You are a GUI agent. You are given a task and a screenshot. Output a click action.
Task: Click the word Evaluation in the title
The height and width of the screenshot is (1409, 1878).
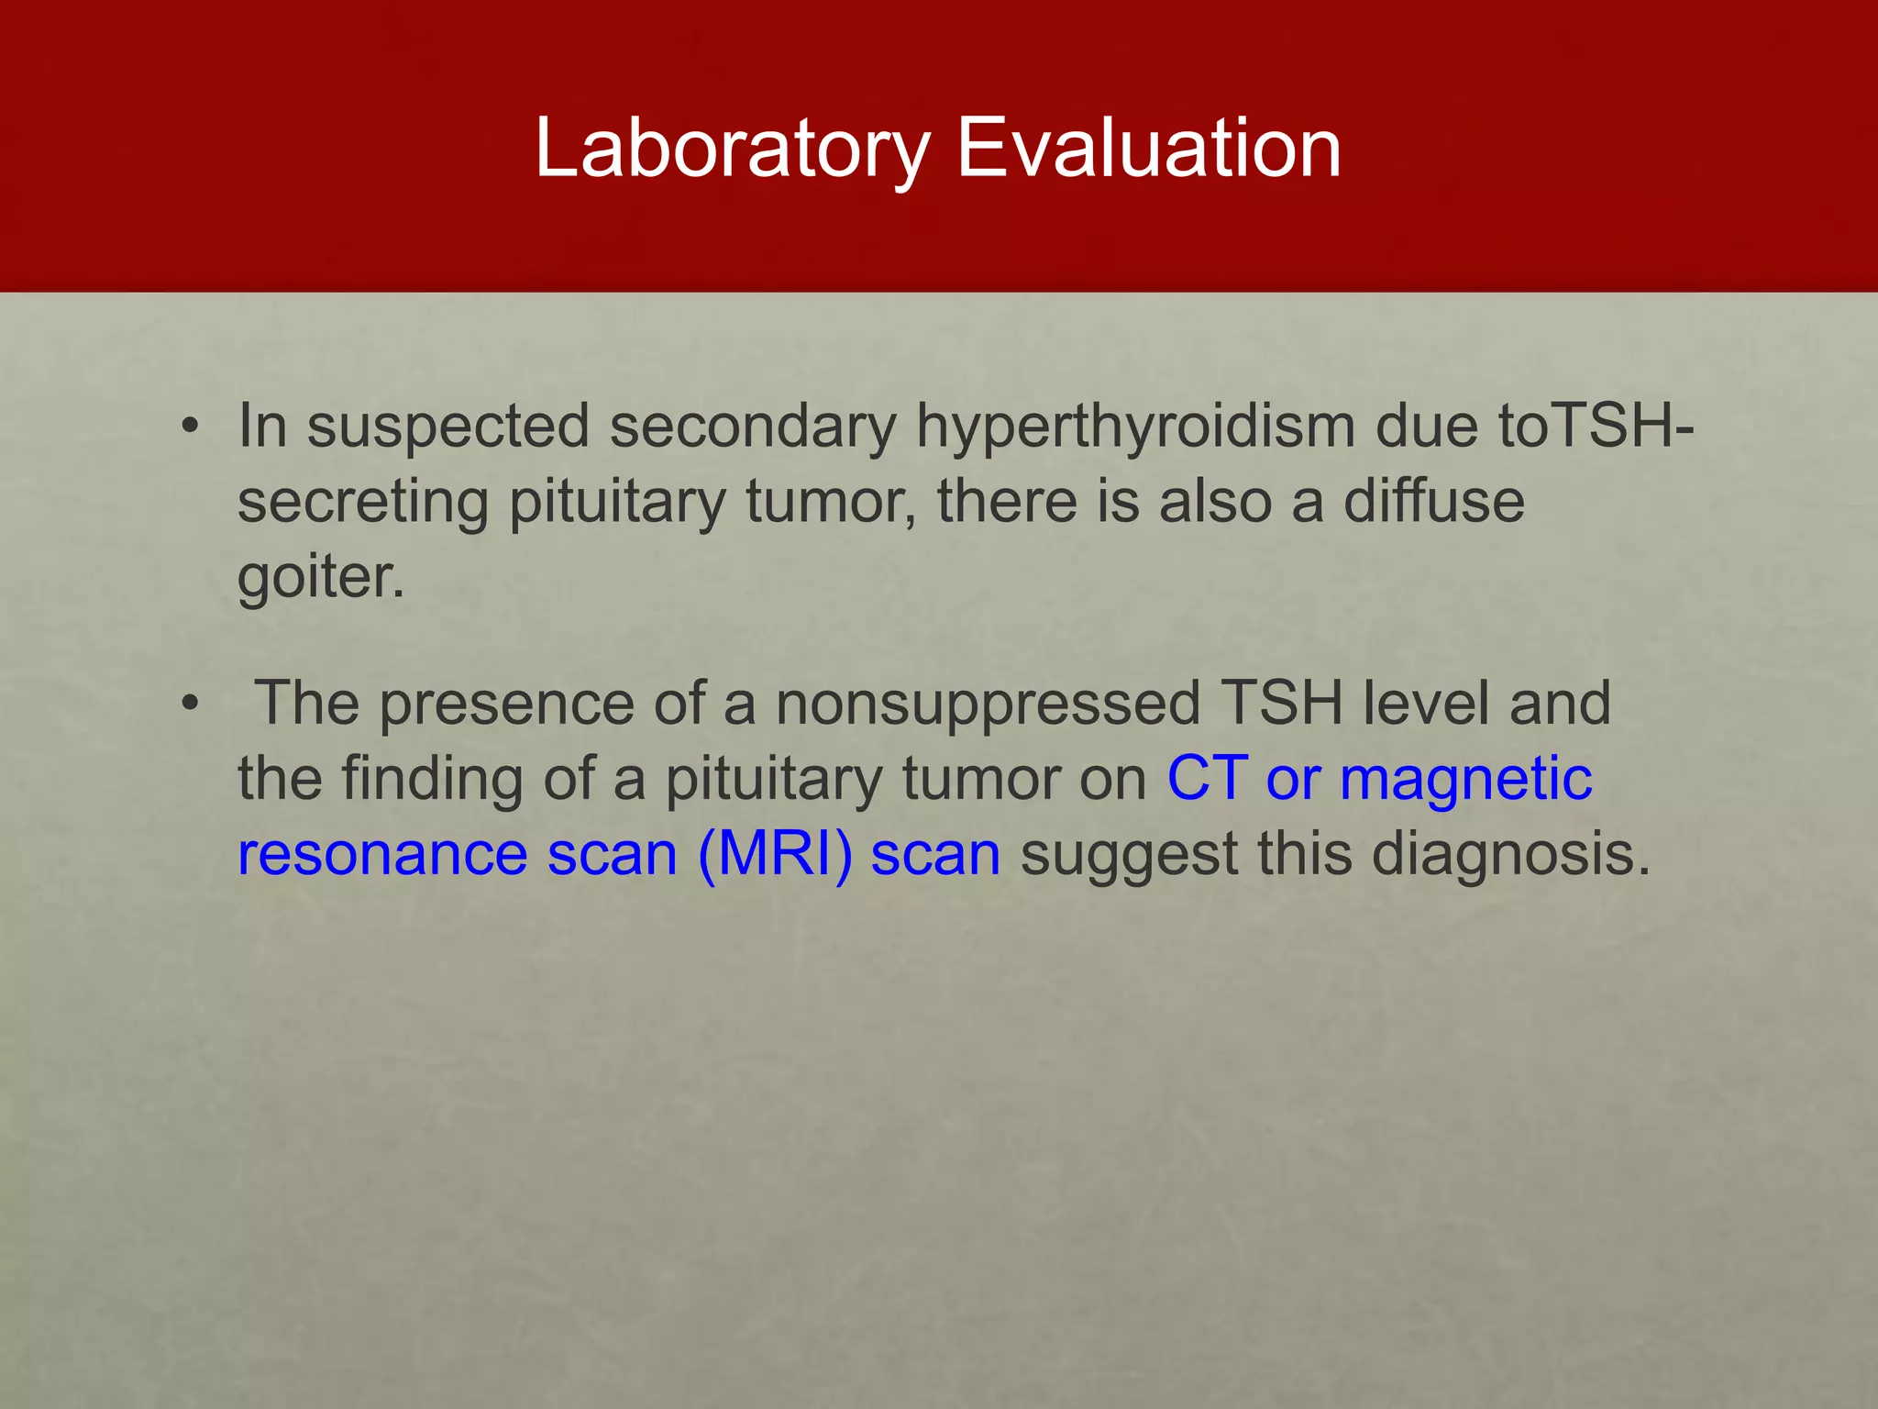pos(1149,148)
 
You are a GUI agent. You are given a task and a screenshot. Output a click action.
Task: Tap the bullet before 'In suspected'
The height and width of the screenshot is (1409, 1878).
pos(190,427)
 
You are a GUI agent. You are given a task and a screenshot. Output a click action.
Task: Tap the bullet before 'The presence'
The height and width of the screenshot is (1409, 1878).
pos(190,704)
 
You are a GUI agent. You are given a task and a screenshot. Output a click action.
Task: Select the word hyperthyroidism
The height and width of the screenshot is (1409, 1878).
pos(1135,428)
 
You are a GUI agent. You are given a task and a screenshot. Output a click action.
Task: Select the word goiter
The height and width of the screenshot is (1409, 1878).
pos(320,577)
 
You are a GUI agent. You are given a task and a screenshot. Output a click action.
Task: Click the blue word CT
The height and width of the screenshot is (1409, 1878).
pos(1207,779)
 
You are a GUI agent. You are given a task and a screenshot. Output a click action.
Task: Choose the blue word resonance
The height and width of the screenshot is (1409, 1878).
pos(382,854)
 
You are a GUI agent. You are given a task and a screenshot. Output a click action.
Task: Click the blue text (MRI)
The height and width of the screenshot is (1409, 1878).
pos(775,854)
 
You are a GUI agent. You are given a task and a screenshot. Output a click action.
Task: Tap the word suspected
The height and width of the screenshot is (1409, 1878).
pos(447,428)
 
